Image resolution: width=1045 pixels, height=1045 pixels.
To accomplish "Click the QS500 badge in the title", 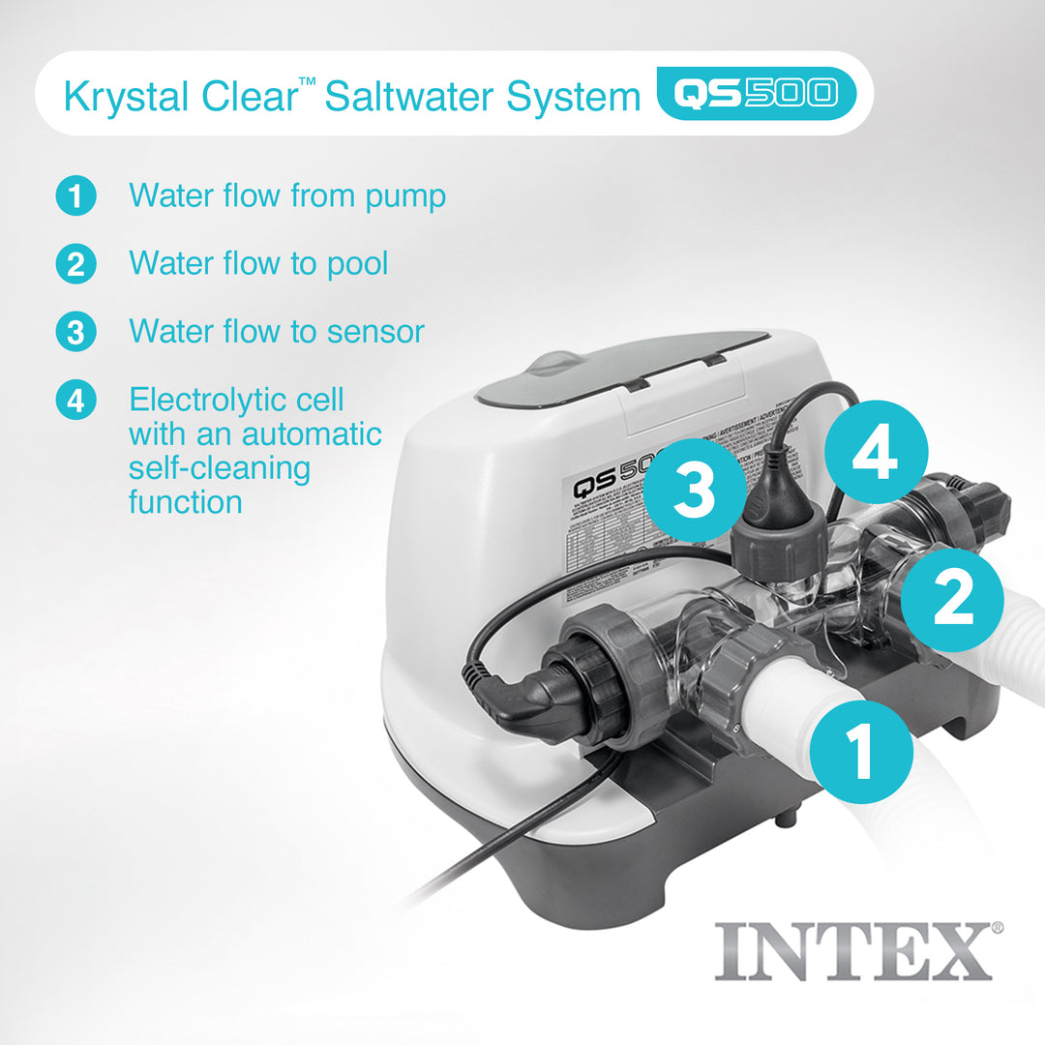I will coord(756,94).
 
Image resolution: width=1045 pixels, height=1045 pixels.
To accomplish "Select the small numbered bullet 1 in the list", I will coord(75,195).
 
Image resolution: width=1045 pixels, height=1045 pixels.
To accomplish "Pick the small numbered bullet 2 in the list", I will coord(75,263).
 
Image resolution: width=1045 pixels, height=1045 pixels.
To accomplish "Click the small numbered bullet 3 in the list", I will coord(75,332).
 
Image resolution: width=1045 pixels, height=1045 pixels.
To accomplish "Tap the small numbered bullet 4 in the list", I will coord(75,400).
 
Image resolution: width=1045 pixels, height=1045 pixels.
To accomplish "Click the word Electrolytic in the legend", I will coord(236,399).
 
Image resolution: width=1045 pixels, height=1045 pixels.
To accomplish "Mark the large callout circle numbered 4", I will coord(876,453).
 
